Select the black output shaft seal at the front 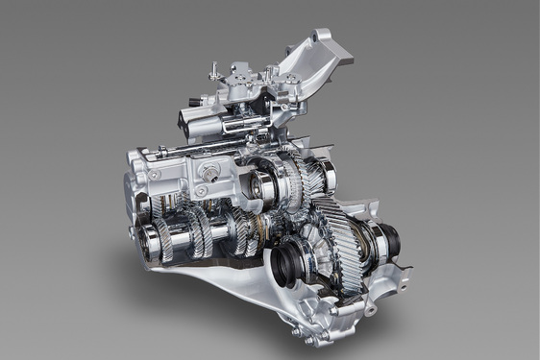click(x=289, y=260)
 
